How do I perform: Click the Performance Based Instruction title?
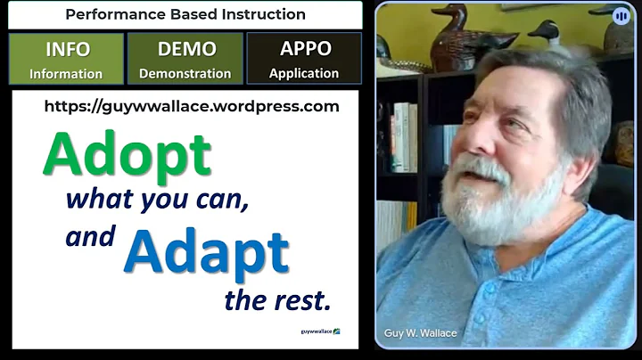point(185,14)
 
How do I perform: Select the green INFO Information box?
point(66,59)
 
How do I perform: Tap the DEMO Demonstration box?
point(185,59)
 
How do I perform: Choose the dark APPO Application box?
point(304,59)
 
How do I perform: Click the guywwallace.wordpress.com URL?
point(192,107)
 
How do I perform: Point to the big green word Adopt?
point(127,155)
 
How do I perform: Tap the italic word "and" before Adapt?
point(91,237)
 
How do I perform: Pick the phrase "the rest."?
point(277,300)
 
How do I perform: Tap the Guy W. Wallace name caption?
point(420,333)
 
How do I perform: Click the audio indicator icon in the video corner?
point(621,15)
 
